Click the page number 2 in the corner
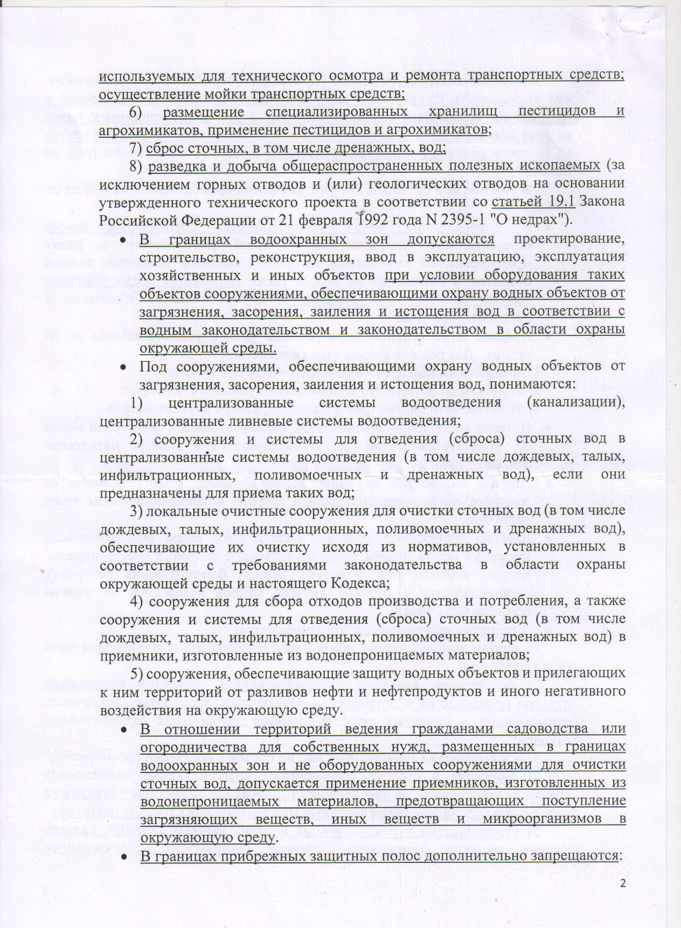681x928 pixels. click(623, 884)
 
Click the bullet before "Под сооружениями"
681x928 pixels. click(123, 367)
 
